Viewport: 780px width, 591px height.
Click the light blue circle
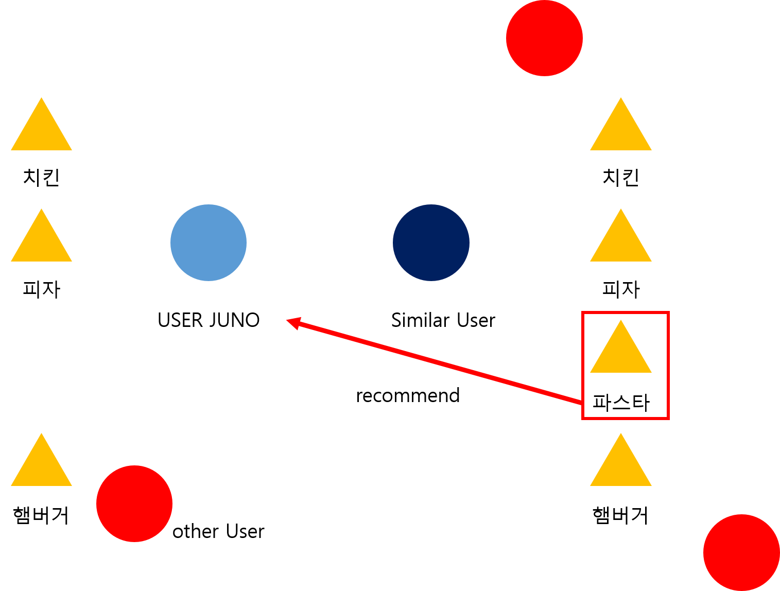(x=209, y=242)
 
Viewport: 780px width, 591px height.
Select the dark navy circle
(x=431, y=242)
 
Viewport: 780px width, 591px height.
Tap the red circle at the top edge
(x=544, y=38)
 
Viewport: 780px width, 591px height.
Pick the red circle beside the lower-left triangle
(x=134, y=503)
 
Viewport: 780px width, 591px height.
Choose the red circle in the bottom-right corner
(x=741, y=552)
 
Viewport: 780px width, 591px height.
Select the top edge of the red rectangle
(x=626, y=312)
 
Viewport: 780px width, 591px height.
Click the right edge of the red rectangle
(x=668, y=366)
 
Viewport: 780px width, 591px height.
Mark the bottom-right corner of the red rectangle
(x=668, y=418)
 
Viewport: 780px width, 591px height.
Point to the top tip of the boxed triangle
(x=621, y=321)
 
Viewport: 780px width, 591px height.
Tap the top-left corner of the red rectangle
(x=583, y=312)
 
